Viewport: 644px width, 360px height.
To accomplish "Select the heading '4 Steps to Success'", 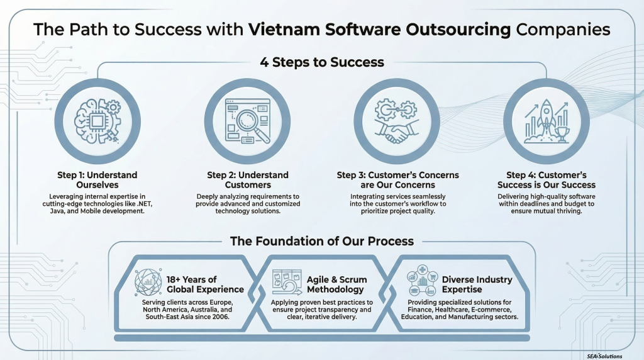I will [322, 62].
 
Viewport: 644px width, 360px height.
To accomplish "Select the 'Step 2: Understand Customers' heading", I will [248, 179].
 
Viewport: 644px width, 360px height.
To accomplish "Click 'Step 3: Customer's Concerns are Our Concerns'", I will [397, 179].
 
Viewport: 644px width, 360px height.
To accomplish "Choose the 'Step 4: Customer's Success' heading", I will [546, 179].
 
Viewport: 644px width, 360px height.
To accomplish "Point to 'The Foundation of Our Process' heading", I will [321, 241].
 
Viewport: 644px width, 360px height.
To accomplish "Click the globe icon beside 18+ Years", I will [148, 284].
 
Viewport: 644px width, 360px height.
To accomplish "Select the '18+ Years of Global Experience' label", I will [205, 284].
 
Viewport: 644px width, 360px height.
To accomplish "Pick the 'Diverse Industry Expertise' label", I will [477, 284].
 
